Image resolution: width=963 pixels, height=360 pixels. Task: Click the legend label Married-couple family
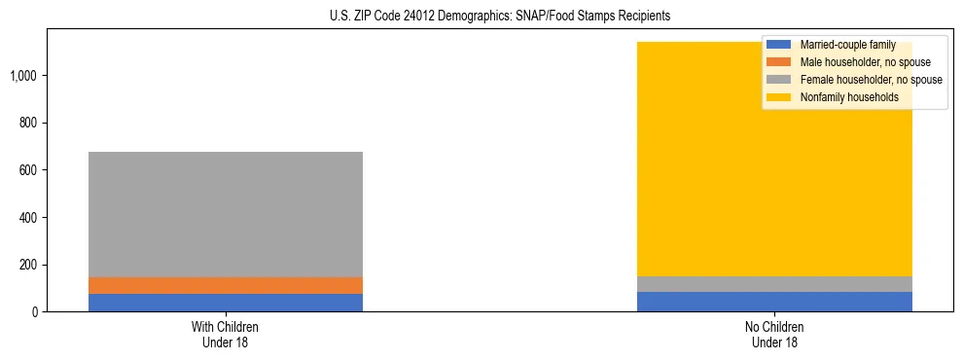pyautogui.click(x=847, y=45)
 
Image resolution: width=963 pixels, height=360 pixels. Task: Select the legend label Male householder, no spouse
pyautogui.click(x=865, y=62)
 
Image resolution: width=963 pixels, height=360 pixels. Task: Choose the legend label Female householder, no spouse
pyautogui.click(x=871, y=80)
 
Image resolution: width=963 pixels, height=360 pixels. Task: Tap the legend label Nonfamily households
pyautogui.click(x=849, y=97)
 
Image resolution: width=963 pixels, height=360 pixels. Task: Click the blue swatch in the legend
pyautogui.click(x=779, y=45)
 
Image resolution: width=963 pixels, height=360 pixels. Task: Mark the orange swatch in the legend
pyautogui.click(x=779, y=62)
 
